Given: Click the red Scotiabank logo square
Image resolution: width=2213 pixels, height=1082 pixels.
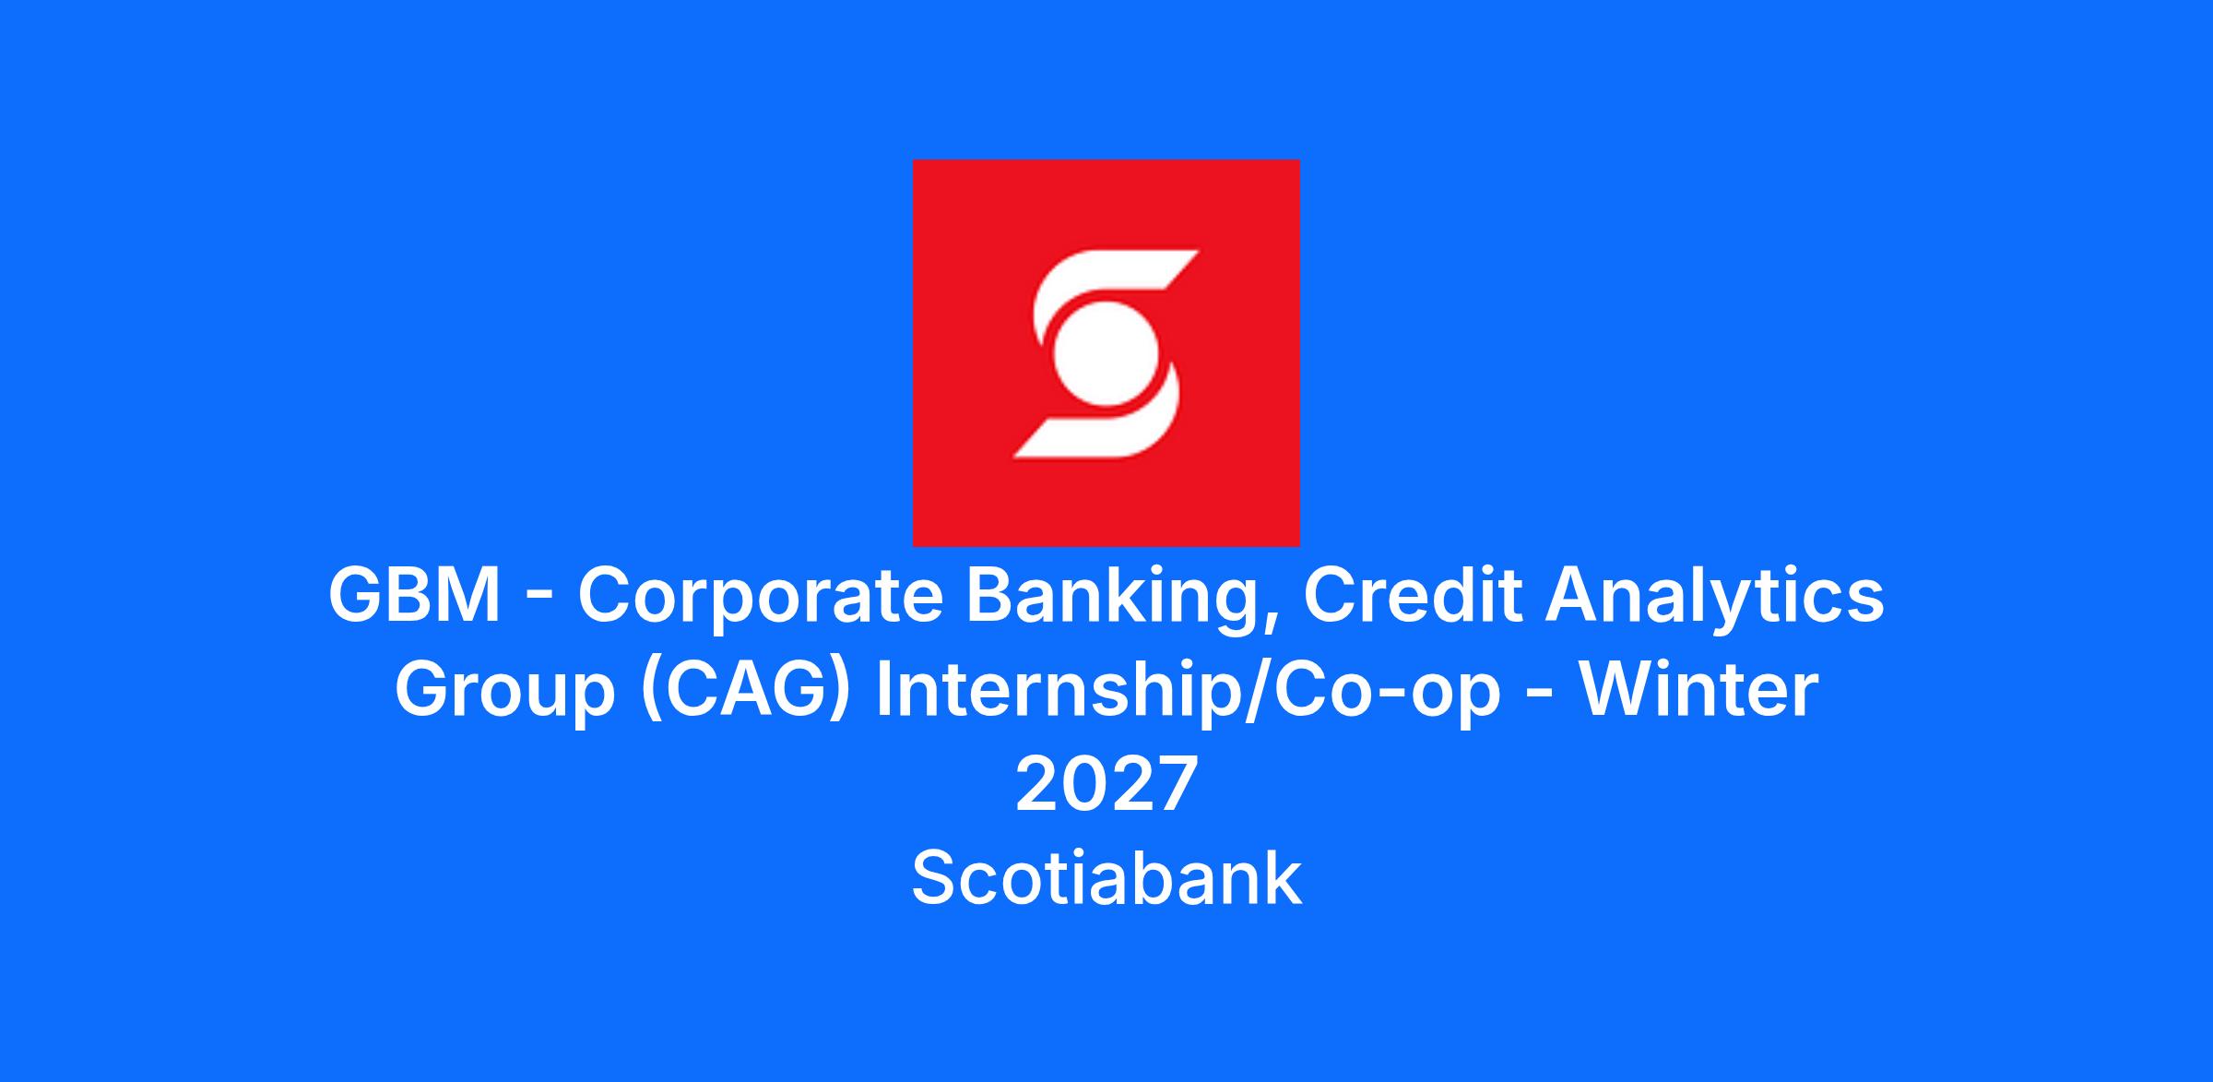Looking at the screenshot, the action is pyautogui.click(x=1106, y=352).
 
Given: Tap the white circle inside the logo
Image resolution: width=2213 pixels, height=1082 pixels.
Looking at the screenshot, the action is pyautogui.click(x=1106, y=353).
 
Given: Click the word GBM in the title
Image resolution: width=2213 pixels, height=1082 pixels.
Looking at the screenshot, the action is pyautogui.click(x=415, y=596).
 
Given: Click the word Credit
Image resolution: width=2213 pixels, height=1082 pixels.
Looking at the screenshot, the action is pyautogui.click(x=1413, y=596).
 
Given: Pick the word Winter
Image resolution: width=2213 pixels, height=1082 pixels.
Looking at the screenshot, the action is pyautogui.click(x=1699, y=690).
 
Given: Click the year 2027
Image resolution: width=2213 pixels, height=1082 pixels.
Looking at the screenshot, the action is pyautogui.click(x=1106, y=784).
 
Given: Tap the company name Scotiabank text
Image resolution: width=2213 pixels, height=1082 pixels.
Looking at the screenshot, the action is pyautogui.click(x=1106, y=878).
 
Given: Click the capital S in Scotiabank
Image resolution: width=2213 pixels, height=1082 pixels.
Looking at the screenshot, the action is pyautogui.click(x=936, y=878).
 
